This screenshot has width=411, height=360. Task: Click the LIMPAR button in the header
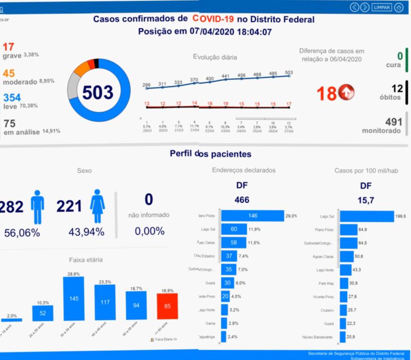click(x=381, y=8)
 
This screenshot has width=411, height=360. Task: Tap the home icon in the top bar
click(x=399, y=8)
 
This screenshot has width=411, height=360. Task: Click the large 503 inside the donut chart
click(x=98, y=92)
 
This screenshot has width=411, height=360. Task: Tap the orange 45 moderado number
click(x=8, y=73)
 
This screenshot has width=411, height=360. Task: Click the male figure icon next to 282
click(x=37, y=206)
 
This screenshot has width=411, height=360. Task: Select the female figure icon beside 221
click(x=97, y=206)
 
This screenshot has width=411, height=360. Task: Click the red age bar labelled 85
click(x=168, y=307)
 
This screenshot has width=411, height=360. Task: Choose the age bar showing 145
click(x=74, y=299)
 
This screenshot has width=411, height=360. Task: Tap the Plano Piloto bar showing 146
click(x=252, y=216)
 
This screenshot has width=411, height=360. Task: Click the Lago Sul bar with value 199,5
click(x=367, y=216)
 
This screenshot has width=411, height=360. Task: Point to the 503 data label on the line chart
click(x=289, y=72)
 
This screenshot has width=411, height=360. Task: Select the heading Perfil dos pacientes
click(x=210, y=154)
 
